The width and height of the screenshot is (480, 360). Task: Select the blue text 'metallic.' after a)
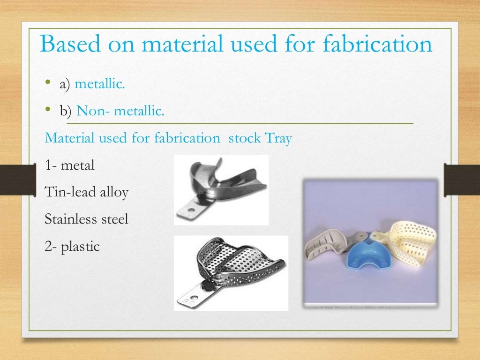tap(100, 84)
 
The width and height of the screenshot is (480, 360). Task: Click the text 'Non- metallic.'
tap(120, 111)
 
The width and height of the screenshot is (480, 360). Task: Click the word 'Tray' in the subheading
tap(278, 139)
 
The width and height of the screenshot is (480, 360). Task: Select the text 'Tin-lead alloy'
tap(86, 192)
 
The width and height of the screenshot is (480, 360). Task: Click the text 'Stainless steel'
tap(86, 219)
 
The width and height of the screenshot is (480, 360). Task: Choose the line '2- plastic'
tap(72, 246)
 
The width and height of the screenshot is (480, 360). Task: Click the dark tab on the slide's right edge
tap(462, 180)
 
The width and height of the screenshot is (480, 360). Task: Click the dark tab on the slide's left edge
tap(18, 180)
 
